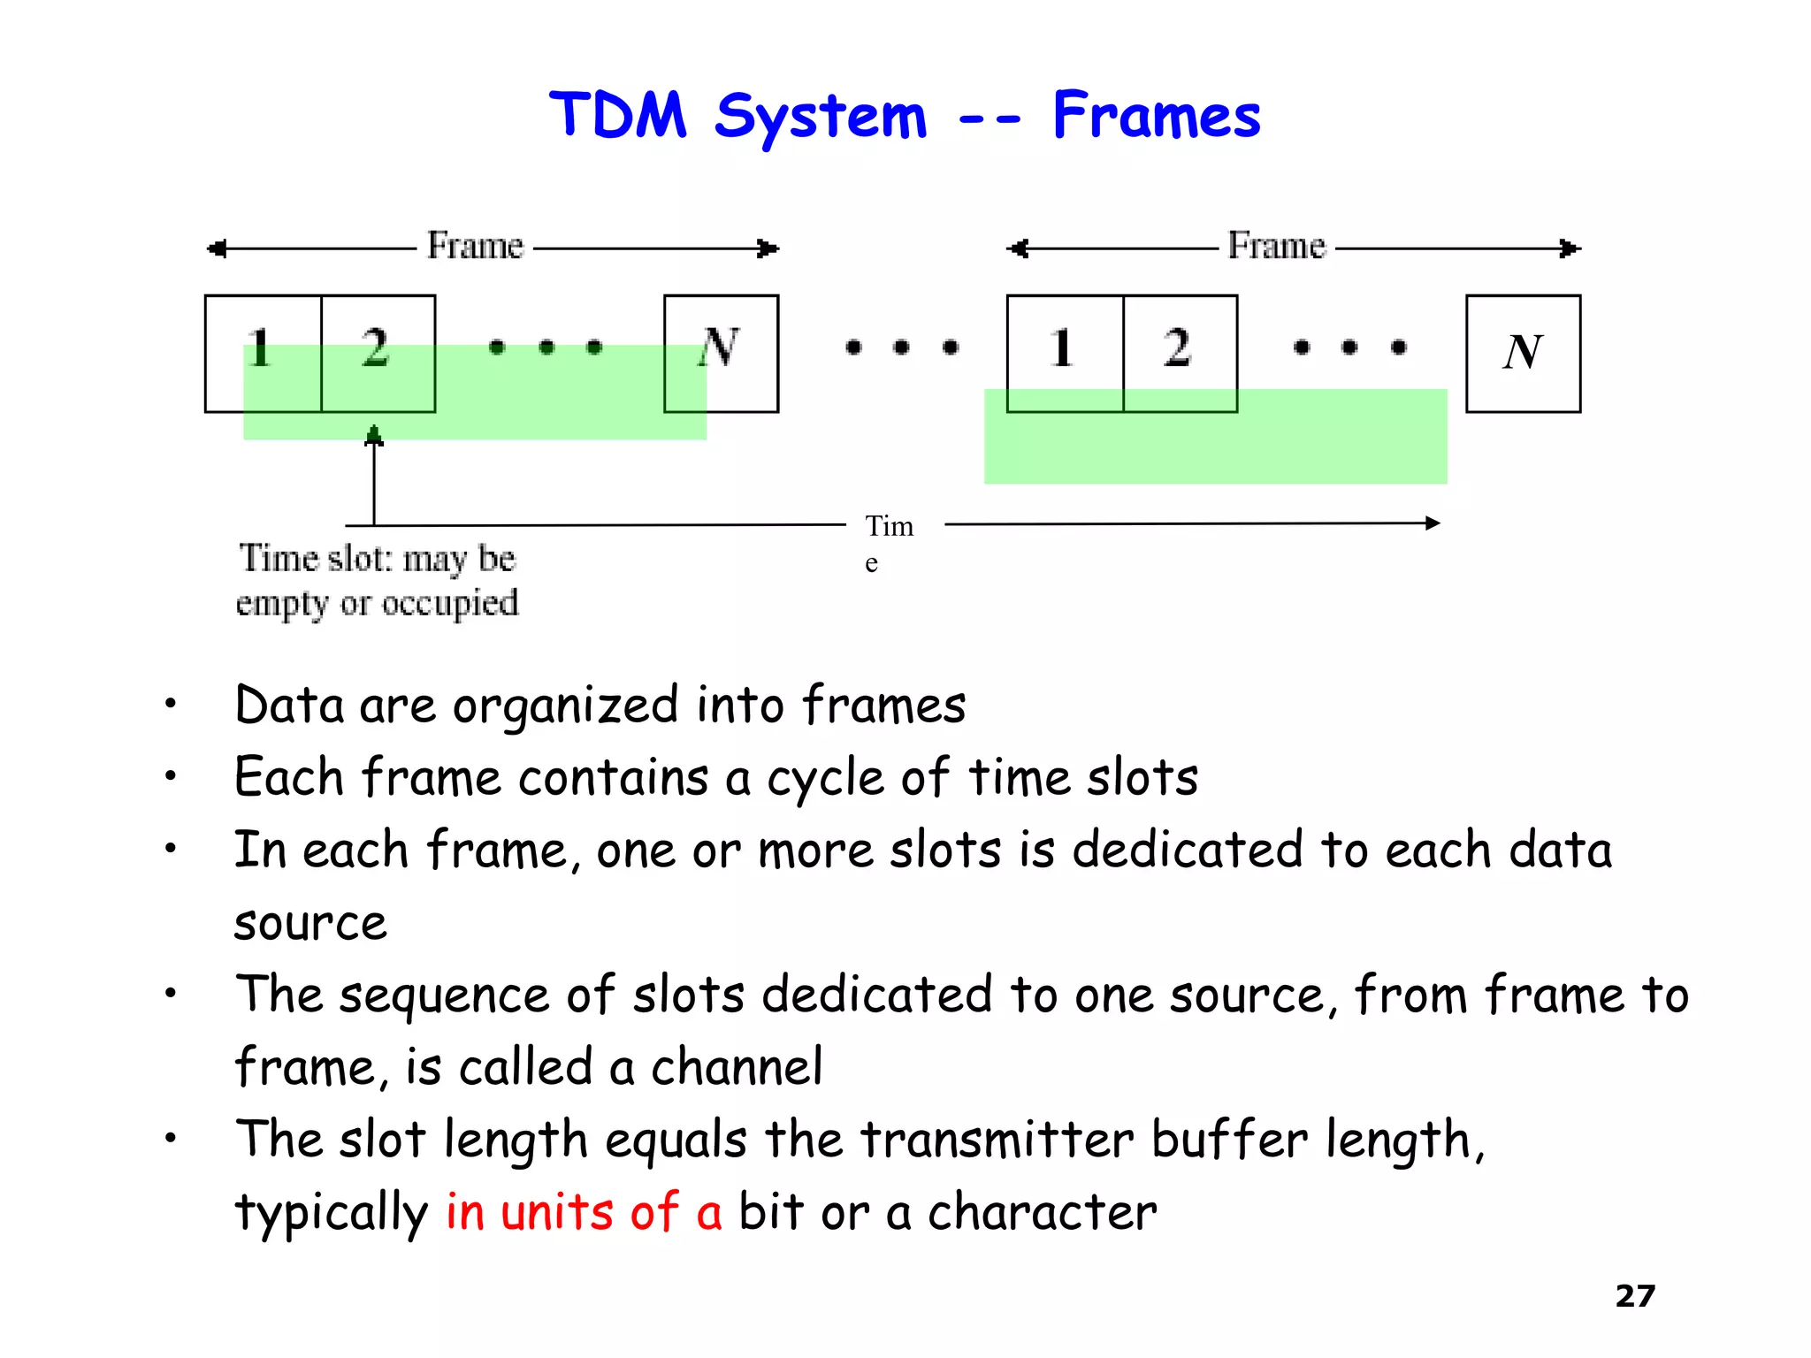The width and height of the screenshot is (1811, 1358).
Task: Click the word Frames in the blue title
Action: (1156, 117)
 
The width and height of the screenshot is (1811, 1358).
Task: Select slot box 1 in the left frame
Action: (263, 353)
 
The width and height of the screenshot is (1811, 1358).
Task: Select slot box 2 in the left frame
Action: (378, 353)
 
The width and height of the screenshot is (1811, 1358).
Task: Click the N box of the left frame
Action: (721, 353)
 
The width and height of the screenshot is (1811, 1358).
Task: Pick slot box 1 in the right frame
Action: (1065, 353)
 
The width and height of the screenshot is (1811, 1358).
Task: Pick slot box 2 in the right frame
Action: (1180, 353)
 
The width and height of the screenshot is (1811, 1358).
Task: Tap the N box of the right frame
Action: (1523, 353)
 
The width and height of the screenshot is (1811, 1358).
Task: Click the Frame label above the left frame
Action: (475, 246)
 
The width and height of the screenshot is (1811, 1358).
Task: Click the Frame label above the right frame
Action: (1276, 246)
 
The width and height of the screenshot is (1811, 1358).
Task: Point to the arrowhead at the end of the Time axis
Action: (1433, 523)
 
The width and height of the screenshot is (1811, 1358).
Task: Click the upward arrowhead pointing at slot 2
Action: (374, 435)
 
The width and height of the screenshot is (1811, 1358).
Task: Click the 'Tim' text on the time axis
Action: (889, 527)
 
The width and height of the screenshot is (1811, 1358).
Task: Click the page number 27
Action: (1634, 1296)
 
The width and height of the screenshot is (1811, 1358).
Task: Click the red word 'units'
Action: (556, 1212)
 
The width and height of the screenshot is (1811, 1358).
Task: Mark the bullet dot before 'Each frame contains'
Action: (171, 777)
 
